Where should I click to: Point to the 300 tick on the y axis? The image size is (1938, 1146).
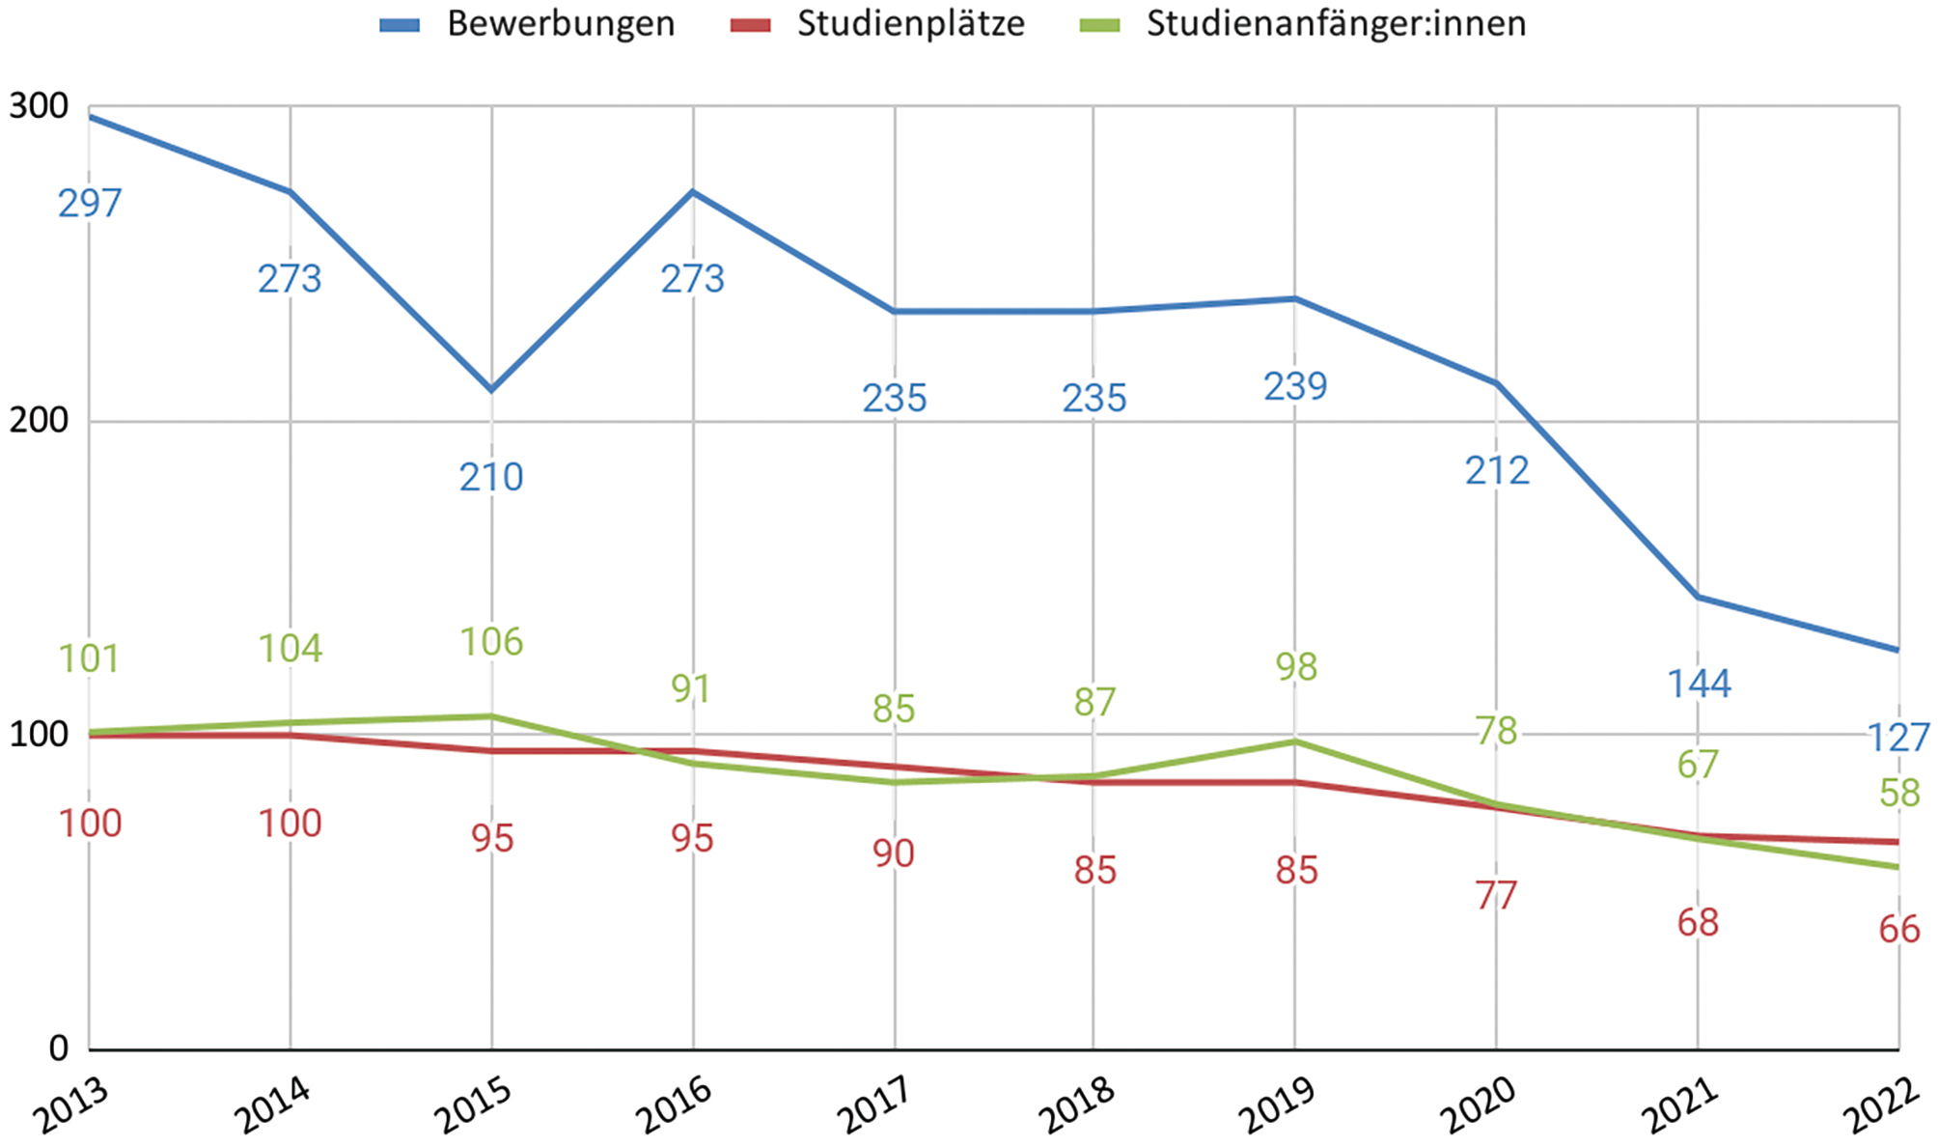(39, 106)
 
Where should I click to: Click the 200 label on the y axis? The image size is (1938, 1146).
(39, 420)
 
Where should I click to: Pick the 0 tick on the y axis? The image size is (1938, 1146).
(58, 1048)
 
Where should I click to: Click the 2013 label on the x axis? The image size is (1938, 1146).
(69, 1106)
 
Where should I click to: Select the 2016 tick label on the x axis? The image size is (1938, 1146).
(674, 1106)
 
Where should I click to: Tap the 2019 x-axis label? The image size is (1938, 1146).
(1277, 1106)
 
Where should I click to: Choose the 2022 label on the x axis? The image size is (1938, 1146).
(1880, 1106)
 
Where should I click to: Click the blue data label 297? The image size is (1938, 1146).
(90, 204)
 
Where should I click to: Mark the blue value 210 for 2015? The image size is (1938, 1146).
(491, 478)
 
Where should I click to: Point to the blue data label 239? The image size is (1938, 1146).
(1295, 387)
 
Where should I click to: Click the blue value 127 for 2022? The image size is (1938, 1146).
(1898, 739)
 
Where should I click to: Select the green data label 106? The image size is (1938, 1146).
(491, 642)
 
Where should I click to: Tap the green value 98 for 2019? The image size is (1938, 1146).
(1295, 667)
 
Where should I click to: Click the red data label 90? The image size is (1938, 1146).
(893, 853)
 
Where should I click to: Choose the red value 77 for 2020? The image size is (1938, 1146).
(1496, 896)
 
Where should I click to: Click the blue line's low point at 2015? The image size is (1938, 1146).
(492, 390)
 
